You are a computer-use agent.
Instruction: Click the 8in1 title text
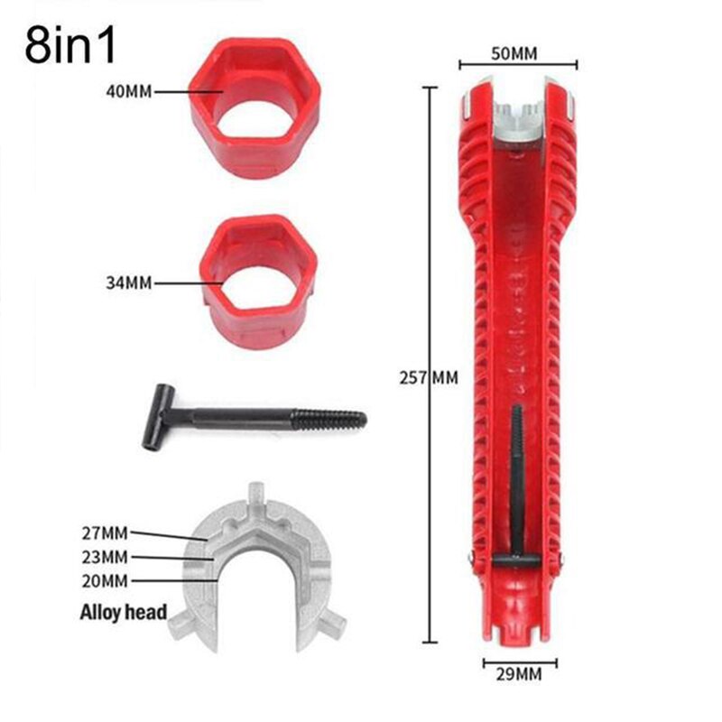point(71,47)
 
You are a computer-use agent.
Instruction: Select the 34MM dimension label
point(126,282)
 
